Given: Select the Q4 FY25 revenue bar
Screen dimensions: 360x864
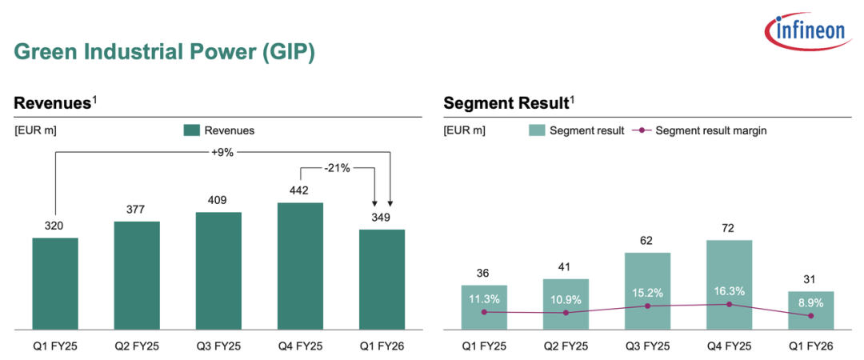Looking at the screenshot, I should tap(300, 266).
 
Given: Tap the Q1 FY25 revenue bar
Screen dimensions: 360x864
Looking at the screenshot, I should tap(55, 283).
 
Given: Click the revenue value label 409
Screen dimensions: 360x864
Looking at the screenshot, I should tap(218, 198).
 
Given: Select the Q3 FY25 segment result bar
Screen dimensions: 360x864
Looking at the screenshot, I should tap(647, 290).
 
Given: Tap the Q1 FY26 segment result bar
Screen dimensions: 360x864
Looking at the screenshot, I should tap(811, 310).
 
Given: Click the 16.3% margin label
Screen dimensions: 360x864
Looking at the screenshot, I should tap(729, 292).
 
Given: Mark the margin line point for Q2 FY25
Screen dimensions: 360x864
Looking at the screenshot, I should tap(566, 313).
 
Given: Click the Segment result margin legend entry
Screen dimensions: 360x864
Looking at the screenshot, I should tap(699, 130).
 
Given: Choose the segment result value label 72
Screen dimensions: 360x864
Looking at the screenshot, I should tap(729, 228).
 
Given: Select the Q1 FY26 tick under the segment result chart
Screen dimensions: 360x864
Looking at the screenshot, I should tap(811, 346).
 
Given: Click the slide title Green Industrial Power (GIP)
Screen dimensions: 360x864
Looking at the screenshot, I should tap(165, 53).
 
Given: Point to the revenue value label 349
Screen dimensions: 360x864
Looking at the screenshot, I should tap(382, 217).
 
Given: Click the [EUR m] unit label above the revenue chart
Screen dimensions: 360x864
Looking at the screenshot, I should tap(35, 130).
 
